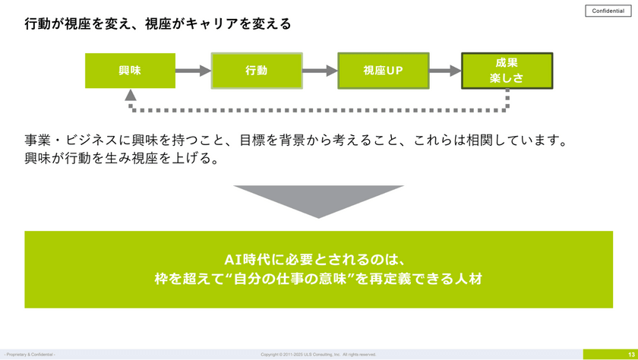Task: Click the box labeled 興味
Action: [x=130, y=71]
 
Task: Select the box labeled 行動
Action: [x=257, y=71]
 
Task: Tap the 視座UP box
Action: [x=384, y=71]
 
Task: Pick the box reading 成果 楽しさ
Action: [x=507, y=71]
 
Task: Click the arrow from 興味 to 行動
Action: [x=193, y=71]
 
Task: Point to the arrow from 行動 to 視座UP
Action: [x=320, y=71]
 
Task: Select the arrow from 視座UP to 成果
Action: [x=445, y=71]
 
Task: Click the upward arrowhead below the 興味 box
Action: [x=131, y=96]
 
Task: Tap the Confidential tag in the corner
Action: [x=608, y=11]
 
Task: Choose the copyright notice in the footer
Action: [x=318, y=355]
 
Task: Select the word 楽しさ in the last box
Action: [x=507, y=78]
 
